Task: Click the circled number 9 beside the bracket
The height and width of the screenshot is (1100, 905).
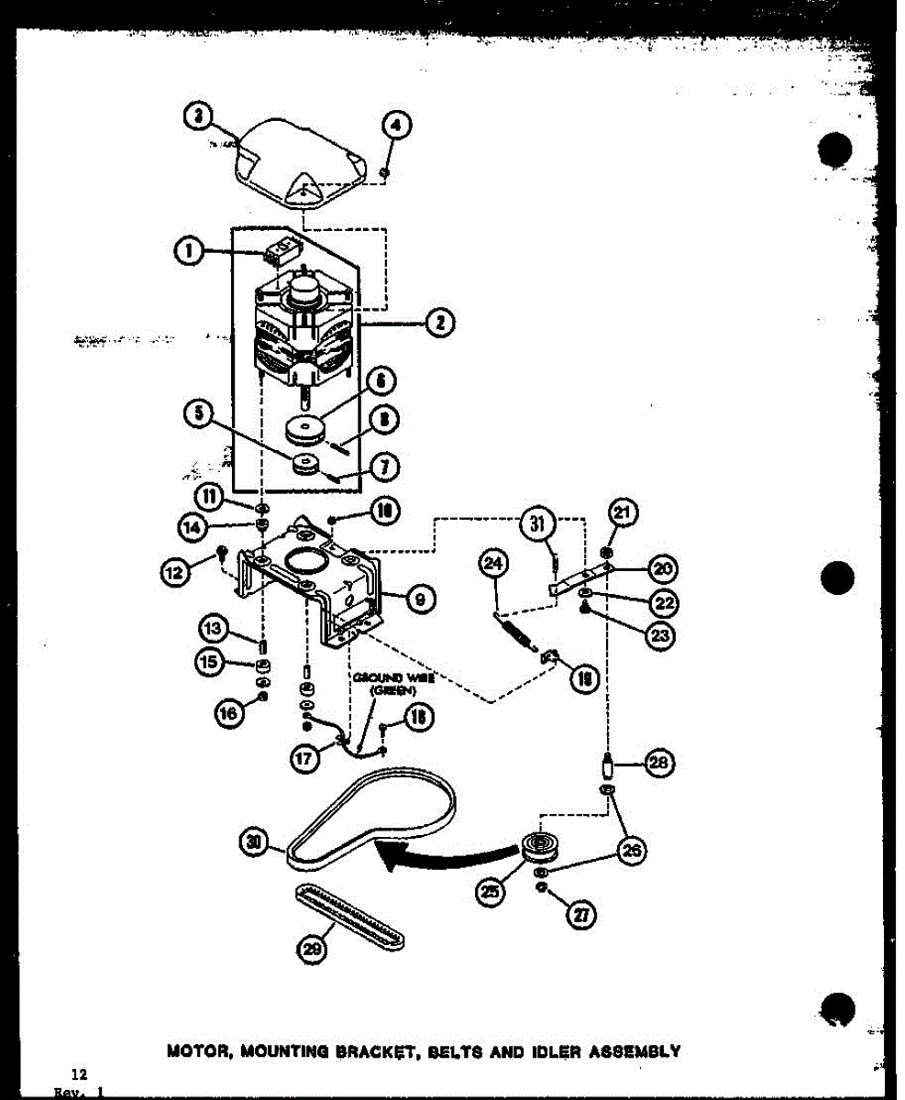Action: [x=419, y=599]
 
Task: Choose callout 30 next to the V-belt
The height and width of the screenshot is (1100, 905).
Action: [x=256, y=837]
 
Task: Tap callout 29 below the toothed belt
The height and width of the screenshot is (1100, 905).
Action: [x=313, y=952]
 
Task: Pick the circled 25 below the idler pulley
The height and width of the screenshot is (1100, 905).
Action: [x=491, y=888]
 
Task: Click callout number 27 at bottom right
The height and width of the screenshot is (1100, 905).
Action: [x=582, y=914]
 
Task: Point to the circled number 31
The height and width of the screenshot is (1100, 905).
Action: [x=537, y=525]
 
